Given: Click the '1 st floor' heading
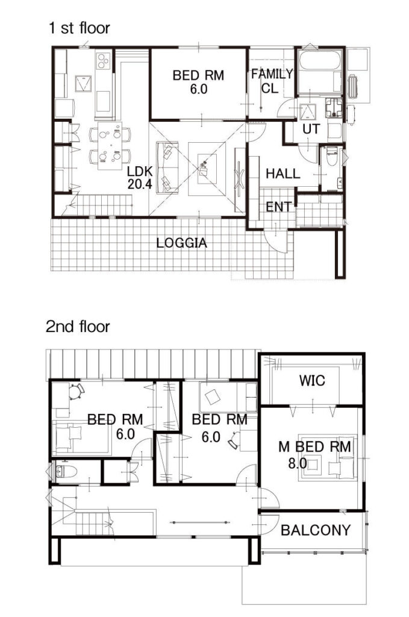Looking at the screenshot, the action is tap(79, 28).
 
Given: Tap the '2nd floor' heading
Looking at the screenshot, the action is tap(78, 326).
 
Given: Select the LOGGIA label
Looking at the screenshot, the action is tap(181, 243).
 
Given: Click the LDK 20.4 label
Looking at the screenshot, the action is tap(140, 178).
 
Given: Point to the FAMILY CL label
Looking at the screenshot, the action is tap(272, 81).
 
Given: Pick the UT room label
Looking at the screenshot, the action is tap(311, 129).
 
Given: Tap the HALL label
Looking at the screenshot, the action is tap(283, 174).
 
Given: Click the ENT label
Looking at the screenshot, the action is tap(279, 207).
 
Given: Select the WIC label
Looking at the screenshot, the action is tap(312, 381).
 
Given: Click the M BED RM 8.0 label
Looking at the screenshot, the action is tap(314, 455).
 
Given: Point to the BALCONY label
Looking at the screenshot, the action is tap(316, 530).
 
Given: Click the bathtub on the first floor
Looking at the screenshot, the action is tap(319, 71).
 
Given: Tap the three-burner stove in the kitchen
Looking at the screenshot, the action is tap(104, 61).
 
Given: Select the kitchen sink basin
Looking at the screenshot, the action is tap(84, 83).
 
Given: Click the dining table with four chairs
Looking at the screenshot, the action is tap(110, 145).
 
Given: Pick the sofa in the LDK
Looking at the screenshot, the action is tap(167, 168).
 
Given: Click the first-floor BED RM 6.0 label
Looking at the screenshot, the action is tap(199, 82).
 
